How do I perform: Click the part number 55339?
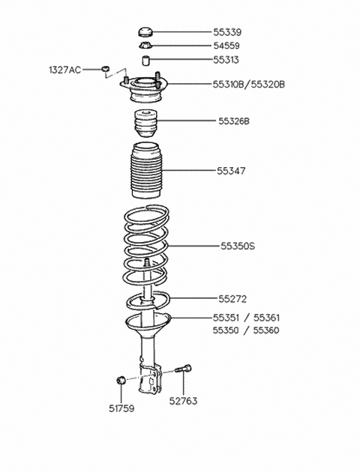(x=227, y=32)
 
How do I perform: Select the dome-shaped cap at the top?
(x=146, y=31)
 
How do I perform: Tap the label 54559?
(x=226, y=46)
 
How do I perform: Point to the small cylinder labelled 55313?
(x=146, y=60)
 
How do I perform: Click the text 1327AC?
(x=65, y=70)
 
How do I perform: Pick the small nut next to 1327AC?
(x=105, y=69)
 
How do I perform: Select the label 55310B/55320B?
(x=249, y=84)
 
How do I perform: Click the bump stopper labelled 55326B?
(x=145, y=124)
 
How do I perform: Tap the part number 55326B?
(x=234, y=121)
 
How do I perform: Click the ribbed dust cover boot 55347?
(x=145, y=170)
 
